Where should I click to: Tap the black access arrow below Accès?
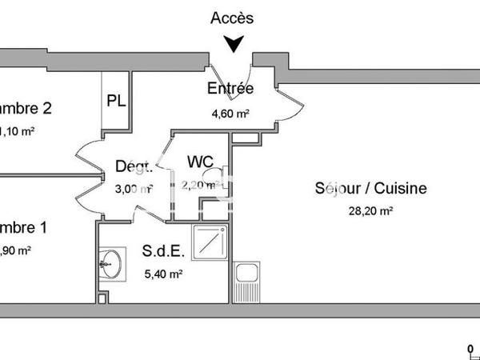(233, 45)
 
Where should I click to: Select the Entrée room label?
(230, 89)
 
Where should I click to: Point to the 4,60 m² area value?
(230, 114)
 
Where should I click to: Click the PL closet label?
(116, 102)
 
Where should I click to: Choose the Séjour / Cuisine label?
(370, 189)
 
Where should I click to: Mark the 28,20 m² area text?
(370, 211)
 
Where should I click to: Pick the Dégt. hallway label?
(134, 166)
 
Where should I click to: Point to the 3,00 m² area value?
(134, 190)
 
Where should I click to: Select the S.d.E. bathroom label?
(164, 251)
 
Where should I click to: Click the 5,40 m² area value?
(164, 274)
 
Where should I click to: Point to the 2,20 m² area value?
(199, 186)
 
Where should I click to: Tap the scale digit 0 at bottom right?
(471, 348)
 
